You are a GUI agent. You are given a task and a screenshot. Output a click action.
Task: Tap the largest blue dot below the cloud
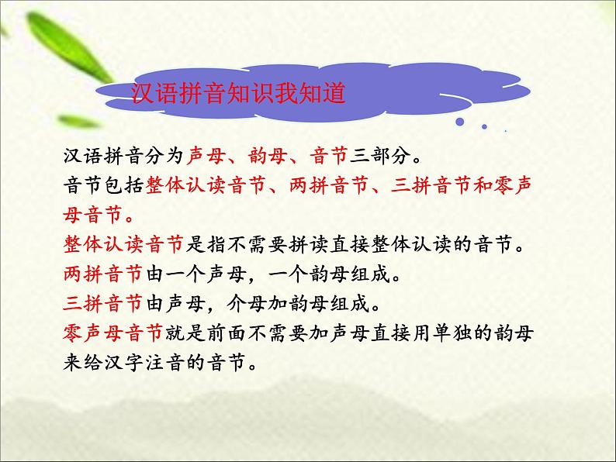[x=463, y=122]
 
